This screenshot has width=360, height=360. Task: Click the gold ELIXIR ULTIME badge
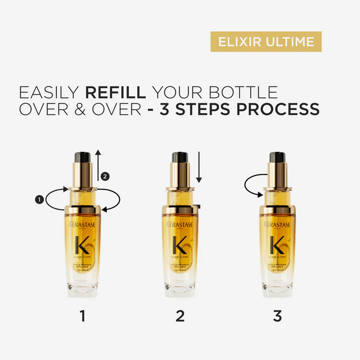(266, 41)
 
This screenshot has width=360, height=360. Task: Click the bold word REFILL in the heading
(115, 92)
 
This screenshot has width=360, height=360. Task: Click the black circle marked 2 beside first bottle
(105, 176)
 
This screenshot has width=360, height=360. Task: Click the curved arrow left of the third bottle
(252, 186)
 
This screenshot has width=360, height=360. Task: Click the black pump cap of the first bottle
(82, 157)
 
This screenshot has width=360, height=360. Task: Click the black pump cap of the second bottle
(180, 157)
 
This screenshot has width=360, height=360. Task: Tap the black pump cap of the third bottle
(278, 157)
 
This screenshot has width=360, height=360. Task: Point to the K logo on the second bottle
(180, 244)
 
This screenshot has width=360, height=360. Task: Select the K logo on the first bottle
(82, 244)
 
